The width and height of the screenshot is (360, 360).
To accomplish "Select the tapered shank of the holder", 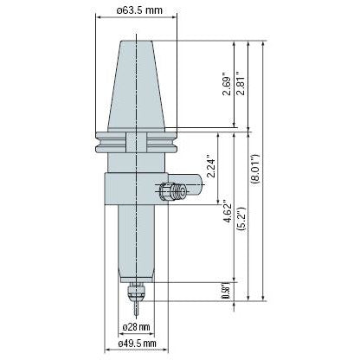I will (x=136, y=82).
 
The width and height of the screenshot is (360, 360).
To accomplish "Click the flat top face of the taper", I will (x=136, y=40).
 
